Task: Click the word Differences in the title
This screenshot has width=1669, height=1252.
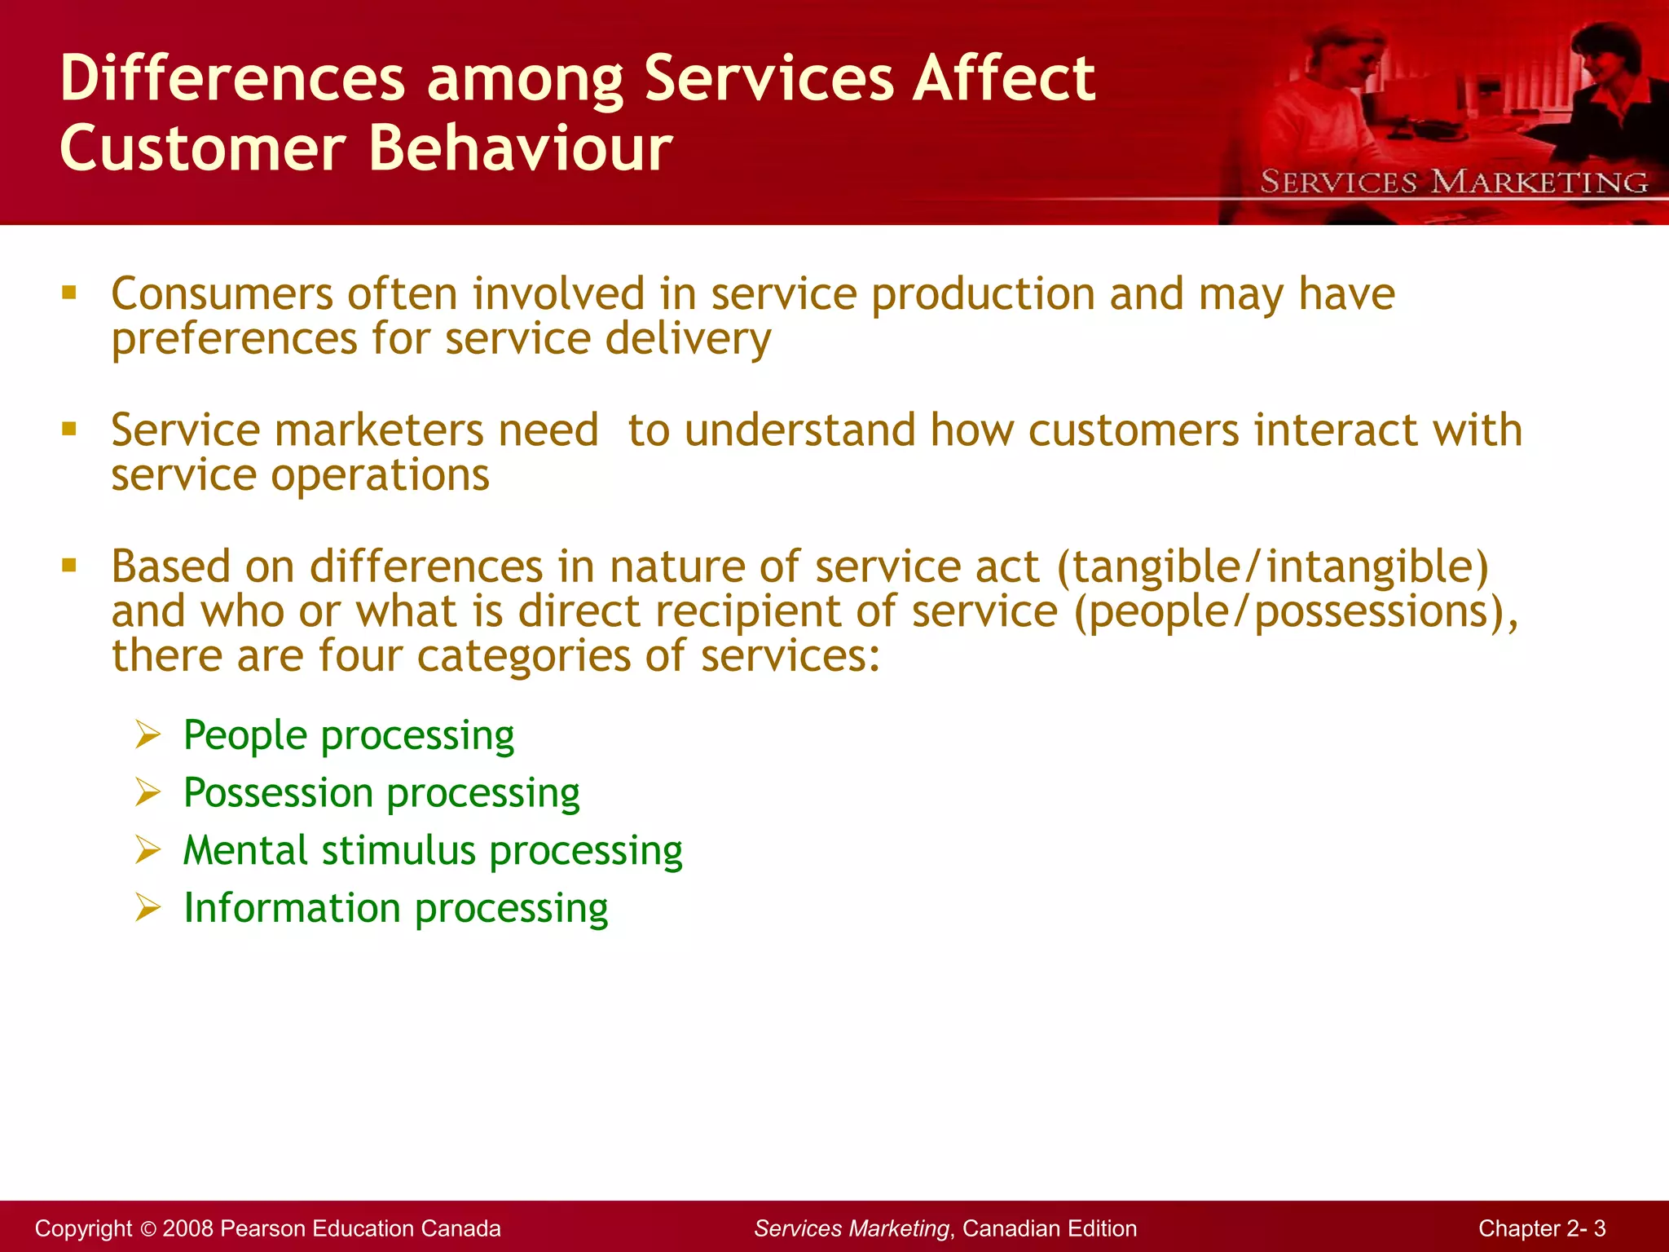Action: pyautogui.click(x=232, y=79)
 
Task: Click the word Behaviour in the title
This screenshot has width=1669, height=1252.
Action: pyautogui.click(x=520, y=149)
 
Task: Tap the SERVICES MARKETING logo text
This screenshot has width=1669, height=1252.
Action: pyautogui.click(x=1453, y=182)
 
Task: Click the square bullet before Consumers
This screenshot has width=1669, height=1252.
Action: pyautogui.click(x=69, y=293)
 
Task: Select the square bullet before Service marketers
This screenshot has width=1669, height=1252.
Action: pyautogui.click(x=69, y=429)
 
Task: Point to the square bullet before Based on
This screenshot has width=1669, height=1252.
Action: pyautogui.click(x=69, y=565)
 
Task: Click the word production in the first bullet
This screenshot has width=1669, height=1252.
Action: pyautogui.click(x=983, y=294)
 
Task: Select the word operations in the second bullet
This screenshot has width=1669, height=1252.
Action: pyautogui.click(x=381, y=475)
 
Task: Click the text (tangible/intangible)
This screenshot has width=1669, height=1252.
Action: pyautogui.click(x=1272, y=567)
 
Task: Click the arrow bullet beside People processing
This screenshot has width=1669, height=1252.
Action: pyautogui.click(x=148, y=735)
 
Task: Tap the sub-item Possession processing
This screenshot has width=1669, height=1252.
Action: pyautogui.click(x=381, y=793)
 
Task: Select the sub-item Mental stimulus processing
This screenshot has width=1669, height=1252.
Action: pyautogui.click(x=433, y=851)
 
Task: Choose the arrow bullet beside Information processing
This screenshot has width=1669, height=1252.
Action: pyautogui.click(x=148, y=908)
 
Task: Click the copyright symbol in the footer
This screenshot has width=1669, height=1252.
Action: pyautogui.click(x=148, y=1229)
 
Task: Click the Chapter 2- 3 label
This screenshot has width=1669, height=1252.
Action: pyautogui.click(x=1542, y=1228)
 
